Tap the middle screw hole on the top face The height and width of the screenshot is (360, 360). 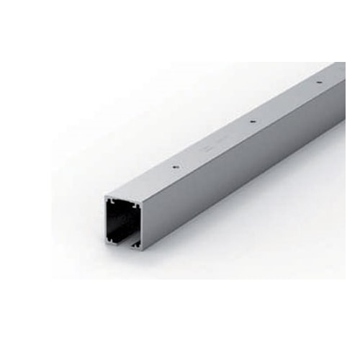[x=251, y=121]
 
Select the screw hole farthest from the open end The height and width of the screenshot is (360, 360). [x=319, y=82]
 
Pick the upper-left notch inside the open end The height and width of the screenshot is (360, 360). [x=112, y=202]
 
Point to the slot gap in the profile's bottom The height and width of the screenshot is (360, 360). [x=127, y=245]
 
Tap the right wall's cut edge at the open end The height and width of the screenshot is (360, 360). [x=142, y=227]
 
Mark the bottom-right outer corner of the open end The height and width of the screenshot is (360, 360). [x=143, y=250]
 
